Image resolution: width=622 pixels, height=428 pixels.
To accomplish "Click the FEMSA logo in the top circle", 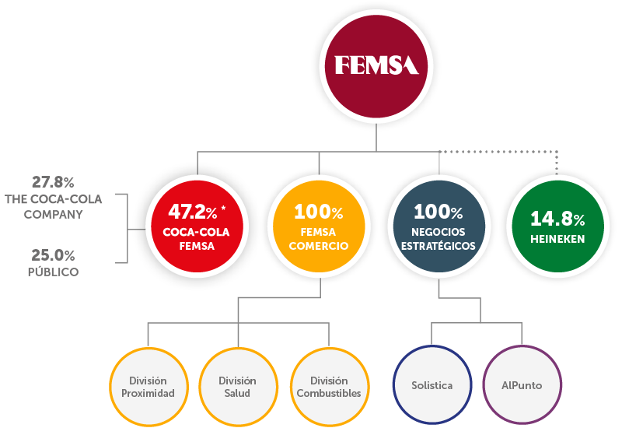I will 376,65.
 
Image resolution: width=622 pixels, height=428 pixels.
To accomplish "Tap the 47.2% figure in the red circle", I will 190,212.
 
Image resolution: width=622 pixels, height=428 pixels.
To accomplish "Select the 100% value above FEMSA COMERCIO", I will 318,212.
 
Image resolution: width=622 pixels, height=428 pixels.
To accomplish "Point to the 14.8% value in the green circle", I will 557,219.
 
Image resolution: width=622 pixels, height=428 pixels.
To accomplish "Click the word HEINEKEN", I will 557,239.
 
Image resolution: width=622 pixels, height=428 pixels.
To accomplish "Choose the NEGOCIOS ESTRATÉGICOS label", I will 438,239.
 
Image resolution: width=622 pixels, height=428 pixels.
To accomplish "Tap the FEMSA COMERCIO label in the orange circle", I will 318,239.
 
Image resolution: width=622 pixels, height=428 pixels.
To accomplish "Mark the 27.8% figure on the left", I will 53,182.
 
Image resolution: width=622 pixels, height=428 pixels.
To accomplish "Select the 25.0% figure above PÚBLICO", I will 53,254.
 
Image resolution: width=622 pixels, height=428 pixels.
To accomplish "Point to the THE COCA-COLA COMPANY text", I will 53,206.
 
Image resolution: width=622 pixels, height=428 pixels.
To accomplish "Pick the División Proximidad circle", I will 148,386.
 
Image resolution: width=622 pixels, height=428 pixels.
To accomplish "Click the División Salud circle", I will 238,386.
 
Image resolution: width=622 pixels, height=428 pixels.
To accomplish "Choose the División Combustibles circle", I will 329,386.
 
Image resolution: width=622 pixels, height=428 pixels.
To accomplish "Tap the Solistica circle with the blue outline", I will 432,386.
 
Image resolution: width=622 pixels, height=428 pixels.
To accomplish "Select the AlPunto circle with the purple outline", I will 522,386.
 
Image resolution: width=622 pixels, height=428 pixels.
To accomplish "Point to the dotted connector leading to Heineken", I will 505,151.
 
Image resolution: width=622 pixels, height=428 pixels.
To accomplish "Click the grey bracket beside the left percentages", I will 126,227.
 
